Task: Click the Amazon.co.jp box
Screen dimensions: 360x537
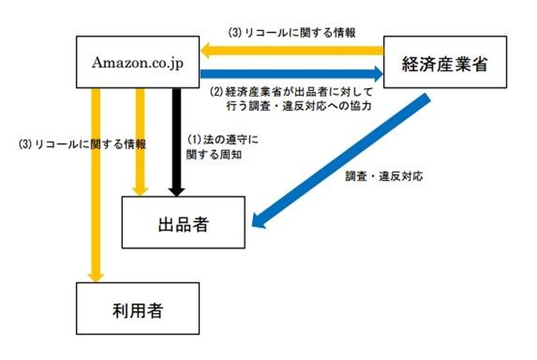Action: click(x=138, y=62)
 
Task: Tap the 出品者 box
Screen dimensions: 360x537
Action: click(x=182, y=223)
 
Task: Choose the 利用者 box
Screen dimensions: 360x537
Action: click(x=138, y=308)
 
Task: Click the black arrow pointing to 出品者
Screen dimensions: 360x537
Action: click(x=177, y=138)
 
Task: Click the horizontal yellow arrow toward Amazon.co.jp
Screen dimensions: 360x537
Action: click(x=295, y=50)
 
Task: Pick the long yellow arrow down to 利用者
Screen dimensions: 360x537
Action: click(x=97, y=181)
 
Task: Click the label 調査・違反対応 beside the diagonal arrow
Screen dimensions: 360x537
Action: click(x=385, y=177)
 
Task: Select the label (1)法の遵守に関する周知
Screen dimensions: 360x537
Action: click(x=222, y=146)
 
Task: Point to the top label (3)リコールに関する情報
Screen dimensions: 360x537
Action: click(x=291, y=32)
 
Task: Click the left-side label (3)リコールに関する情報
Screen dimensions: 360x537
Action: click(x=83, y=144)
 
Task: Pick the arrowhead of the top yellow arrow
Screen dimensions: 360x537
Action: click(x=209, y=50)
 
